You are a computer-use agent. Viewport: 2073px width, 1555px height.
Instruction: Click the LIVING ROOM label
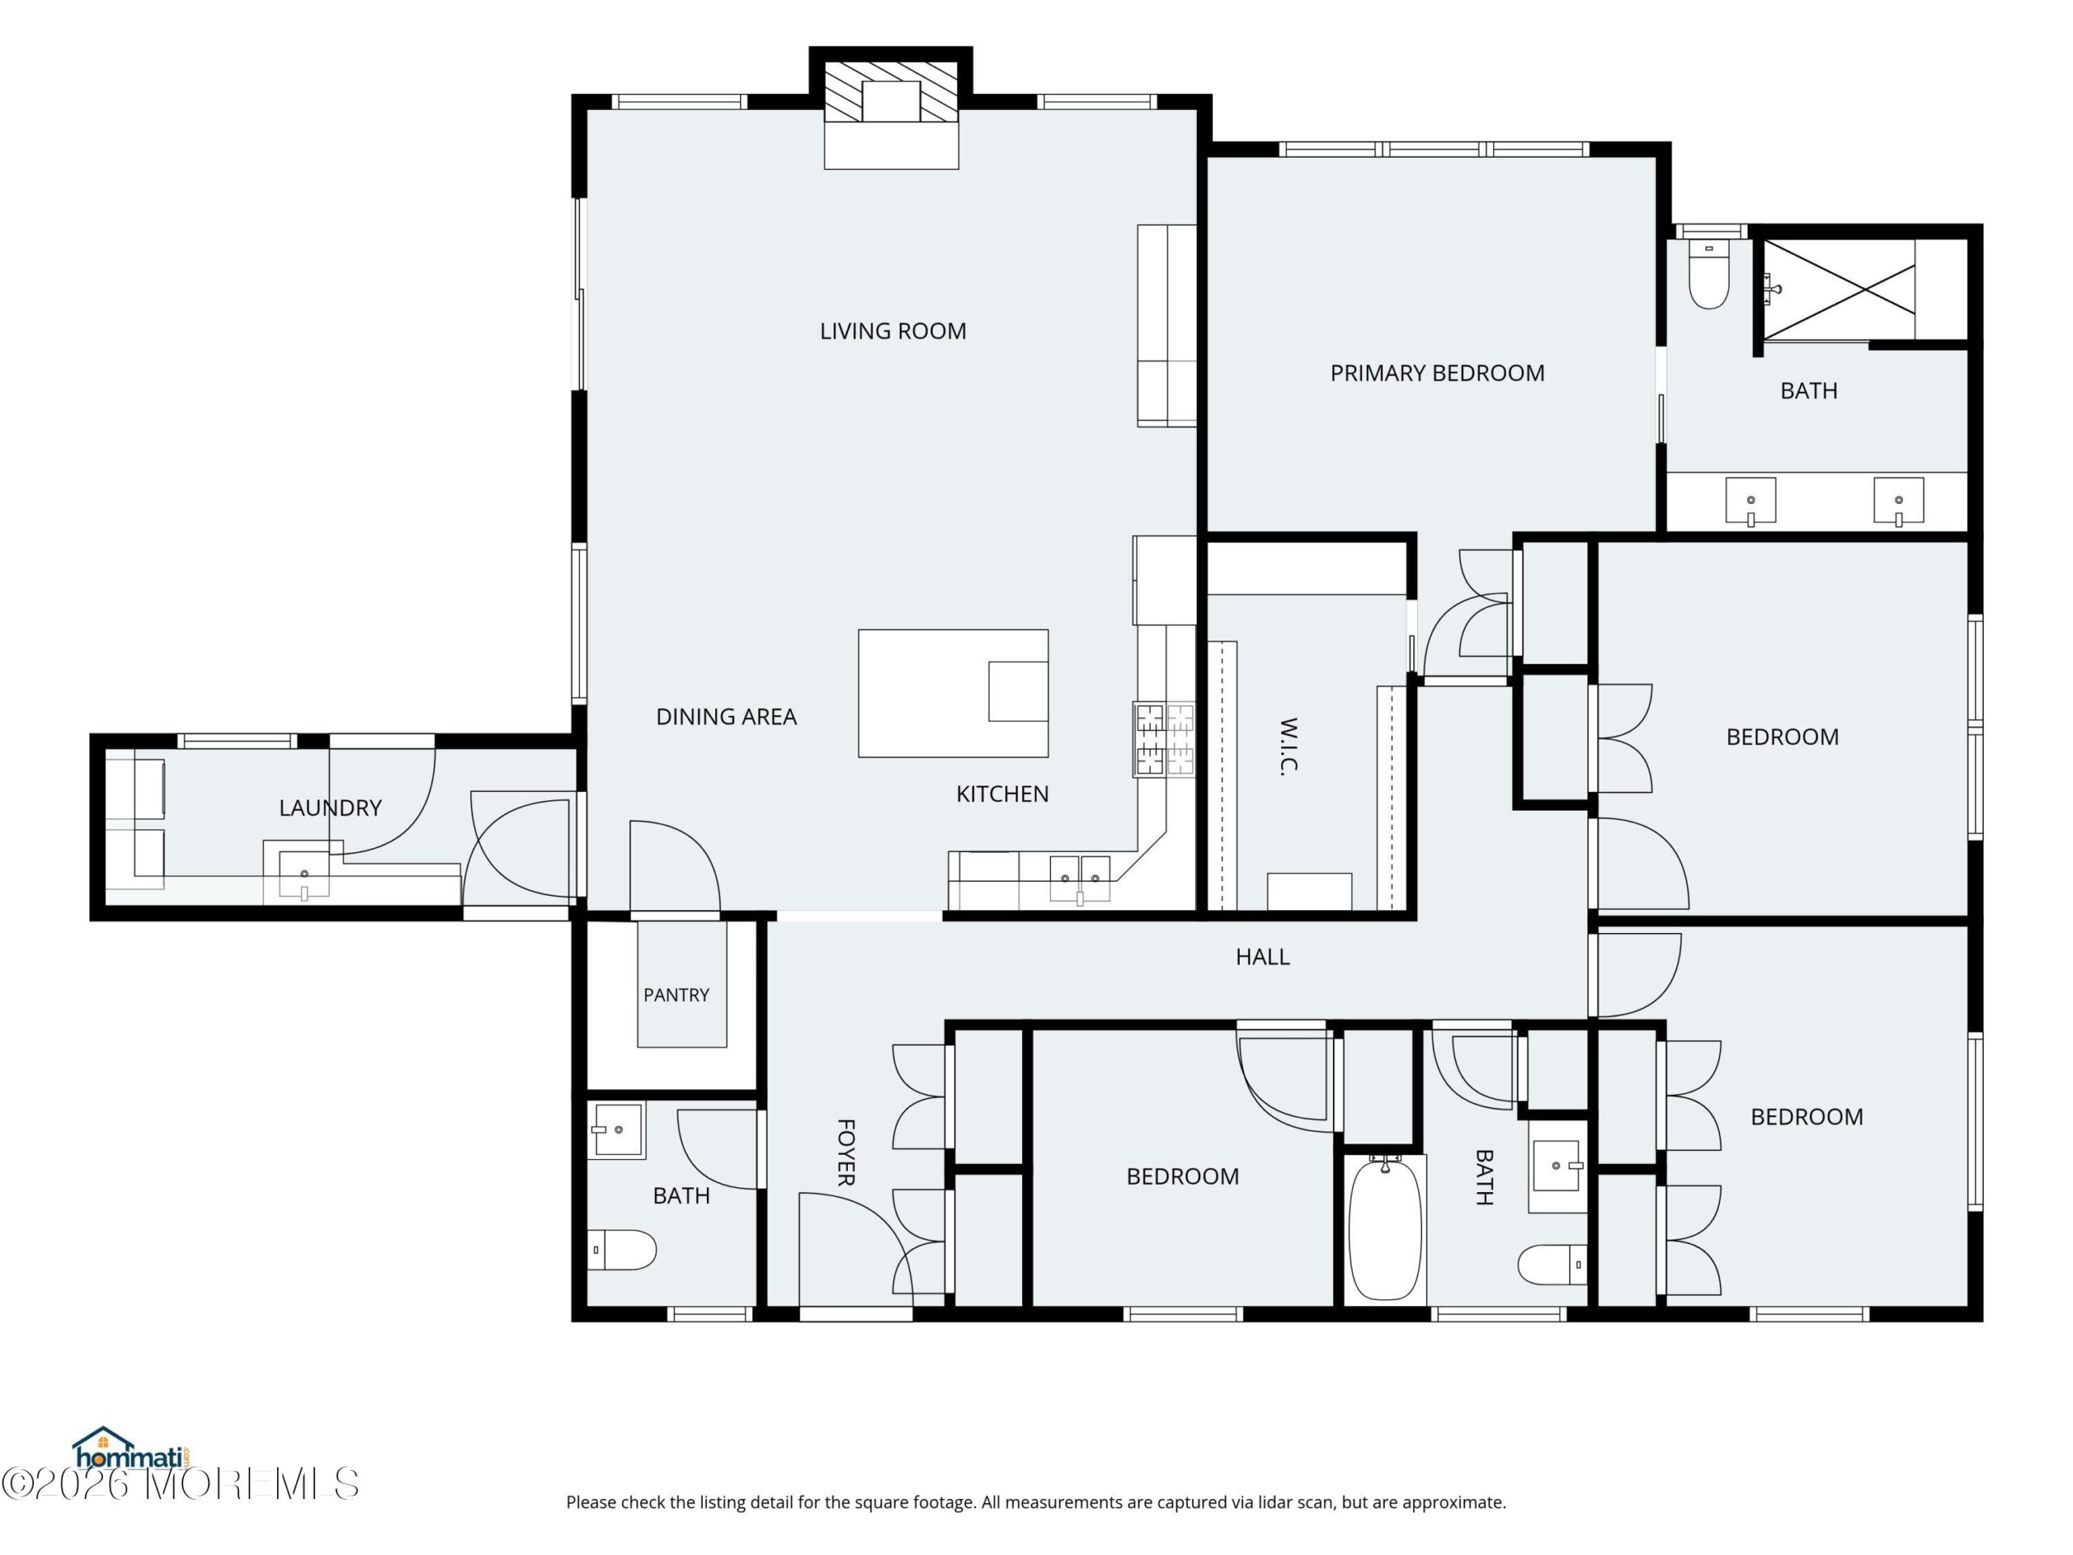(893, 331)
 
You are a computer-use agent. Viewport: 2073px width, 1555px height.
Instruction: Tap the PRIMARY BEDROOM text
(1437, 373)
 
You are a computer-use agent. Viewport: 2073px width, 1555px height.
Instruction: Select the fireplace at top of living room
(892, 115)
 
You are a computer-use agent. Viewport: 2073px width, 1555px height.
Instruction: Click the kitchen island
(953, 692)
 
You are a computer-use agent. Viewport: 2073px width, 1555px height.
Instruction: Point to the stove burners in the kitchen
(1164, 739)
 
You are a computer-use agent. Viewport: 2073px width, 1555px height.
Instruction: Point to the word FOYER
(845, 1152)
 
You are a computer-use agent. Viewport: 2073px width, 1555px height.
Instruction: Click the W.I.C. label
(1288, 746)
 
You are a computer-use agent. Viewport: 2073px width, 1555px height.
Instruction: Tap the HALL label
(1262, 956)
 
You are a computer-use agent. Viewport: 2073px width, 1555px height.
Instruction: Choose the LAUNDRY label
(330, 807)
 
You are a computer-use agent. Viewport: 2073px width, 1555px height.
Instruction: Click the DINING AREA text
(726, 717)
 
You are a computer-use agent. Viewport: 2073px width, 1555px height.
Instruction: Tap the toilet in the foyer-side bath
(621, 1250)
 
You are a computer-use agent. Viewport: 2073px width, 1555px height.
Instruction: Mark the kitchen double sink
(1079, 880)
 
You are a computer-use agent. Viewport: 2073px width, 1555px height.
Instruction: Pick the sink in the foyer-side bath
(615, 1130)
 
